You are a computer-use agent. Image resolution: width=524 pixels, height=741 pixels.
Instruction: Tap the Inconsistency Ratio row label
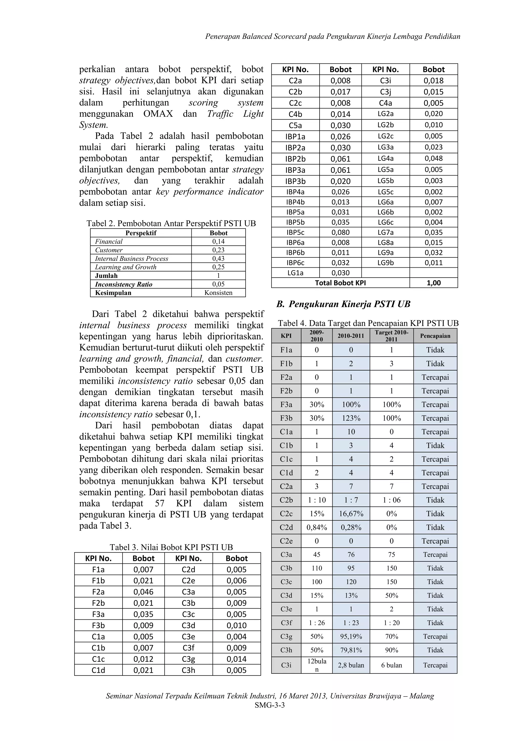pos(124,284)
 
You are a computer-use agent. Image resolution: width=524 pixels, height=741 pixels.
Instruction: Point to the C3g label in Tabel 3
pos(188,659)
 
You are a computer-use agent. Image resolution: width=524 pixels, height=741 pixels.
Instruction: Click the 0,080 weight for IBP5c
pos(340,232)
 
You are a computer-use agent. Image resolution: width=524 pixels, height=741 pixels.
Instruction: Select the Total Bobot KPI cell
pos(340,283)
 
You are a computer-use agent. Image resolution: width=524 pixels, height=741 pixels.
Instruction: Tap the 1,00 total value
pos(434,283)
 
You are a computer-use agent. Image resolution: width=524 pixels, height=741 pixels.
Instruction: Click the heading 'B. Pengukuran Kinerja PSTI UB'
pos(343,304)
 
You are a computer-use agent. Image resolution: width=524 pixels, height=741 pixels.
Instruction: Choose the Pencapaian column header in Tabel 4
pos(435,336)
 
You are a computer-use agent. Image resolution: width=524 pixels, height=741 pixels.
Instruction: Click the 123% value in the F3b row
pos(351,418)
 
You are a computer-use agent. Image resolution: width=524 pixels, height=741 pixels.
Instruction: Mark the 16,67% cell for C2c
pos(351,514)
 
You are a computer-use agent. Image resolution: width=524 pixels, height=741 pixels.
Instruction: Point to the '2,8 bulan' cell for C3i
pos(351,665)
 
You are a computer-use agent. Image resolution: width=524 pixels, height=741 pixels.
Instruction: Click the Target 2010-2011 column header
pos(391,336)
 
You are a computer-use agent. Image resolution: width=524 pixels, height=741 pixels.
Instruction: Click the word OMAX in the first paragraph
pos(158,114)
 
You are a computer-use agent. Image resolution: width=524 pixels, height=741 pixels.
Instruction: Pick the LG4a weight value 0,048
pos(434,158)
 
